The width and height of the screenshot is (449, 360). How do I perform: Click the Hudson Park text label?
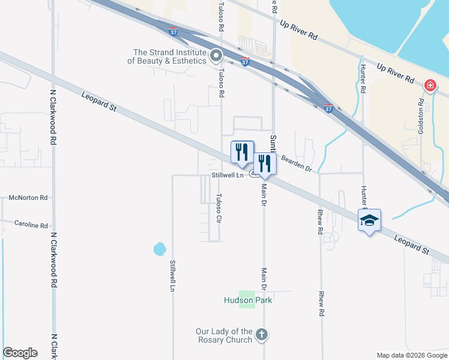248,300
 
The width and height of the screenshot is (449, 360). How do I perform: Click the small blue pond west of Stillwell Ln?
159,248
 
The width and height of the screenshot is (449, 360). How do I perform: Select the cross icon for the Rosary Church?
261,334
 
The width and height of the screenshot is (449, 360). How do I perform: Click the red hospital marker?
430,86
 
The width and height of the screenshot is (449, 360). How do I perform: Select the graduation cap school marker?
369,220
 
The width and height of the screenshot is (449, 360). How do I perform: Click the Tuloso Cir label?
219,209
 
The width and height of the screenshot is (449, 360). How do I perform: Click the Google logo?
20,353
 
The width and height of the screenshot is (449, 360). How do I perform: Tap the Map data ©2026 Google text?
411,355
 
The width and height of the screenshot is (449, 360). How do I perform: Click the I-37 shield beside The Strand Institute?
245,61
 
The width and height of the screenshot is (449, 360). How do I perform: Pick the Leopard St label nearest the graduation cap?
412,244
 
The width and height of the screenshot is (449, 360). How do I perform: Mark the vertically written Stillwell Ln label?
172,275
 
